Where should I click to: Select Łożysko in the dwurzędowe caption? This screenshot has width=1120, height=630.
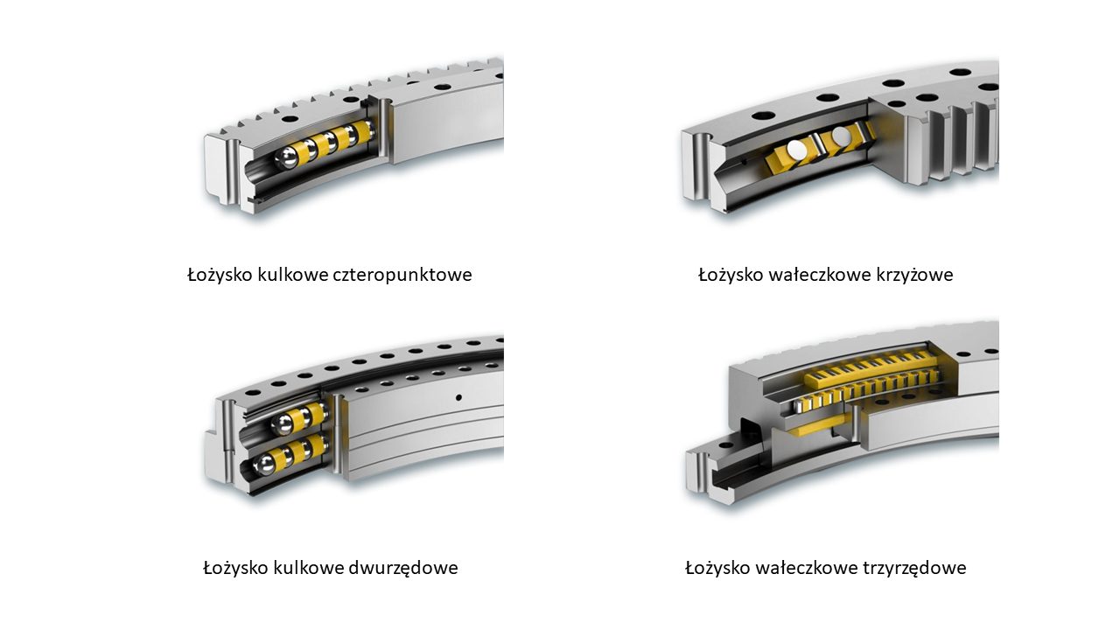(x=236, y=568)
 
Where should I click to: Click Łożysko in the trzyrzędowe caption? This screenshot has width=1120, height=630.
(x=717, y=568)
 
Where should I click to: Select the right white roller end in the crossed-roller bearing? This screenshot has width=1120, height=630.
(x=841, y=136)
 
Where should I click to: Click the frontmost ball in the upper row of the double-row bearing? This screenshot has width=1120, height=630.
(x=283, y=425)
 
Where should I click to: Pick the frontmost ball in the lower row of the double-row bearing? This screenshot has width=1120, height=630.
(x=265, y=464)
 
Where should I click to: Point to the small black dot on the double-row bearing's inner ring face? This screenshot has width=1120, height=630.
(x=458, y=398)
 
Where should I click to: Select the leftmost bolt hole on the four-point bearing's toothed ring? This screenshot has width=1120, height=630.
(x=288, y=120)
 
